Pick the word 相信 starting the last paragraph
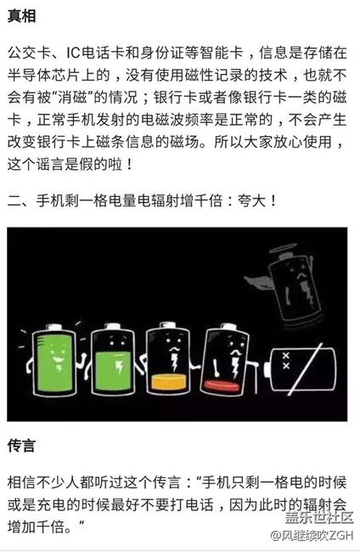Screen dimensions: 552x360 tap(22, 480)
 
